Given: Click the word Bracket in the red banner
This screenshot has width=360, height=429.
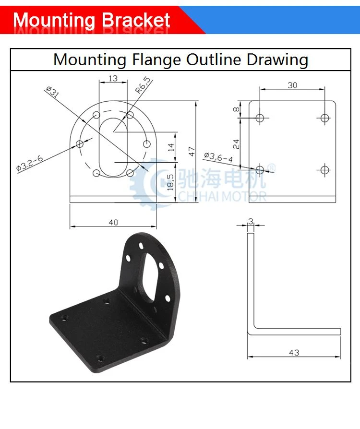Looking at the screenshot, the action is (x=136, y=20).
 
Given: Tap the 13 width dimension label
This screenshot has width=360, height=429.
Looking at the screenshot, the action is (x=113, y=79).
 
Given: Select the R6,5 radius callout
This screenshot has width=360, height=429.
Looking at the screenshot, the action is (x=143, y=85).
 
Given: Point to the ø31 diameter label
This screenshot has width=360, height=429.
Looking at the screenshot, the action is (x=52, y=91).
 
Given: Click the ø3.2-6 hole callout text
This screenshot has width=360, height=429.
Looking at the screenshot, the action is (x=30, y=163).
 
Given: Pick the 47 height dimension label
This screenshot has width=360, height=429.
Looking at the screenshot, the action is (x=192, y=151).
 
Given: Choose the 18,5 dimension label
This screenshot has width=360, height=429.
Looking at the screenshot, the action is (x=170, y=182).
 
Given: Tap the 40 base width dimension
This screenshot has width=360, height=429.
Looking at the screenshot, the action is (x=113, y=223).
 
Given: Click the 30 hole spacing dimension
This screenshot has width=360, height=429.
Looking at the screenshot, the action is (x=292, y=85).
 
